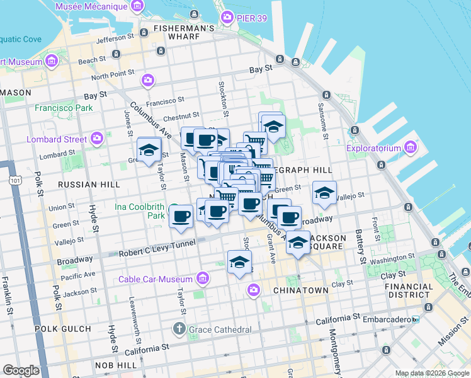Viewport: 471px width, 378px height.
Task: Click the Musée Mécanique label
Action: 91,6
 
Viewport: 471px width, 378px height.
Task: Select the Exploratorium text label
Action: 374,149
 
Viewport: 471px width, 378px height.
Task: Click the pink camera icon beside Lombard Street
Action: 97,138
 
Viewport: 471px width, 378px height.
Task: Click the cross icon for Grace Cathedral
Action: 179,329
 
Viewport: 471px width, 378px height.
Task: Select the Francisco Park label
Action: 64,108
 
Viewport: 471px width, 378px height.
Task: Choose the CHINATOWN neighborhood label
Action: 300,290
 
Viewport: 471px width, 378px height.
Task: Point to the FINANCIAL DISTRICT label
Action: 406,290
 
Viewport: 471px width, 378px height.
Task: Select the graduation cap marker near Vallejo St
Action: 324,193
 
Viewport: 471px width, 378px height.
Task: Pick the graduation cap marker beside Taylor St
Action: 149,150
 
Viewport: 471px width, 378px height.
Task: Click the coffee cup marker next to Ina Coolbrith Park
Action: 181,216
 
